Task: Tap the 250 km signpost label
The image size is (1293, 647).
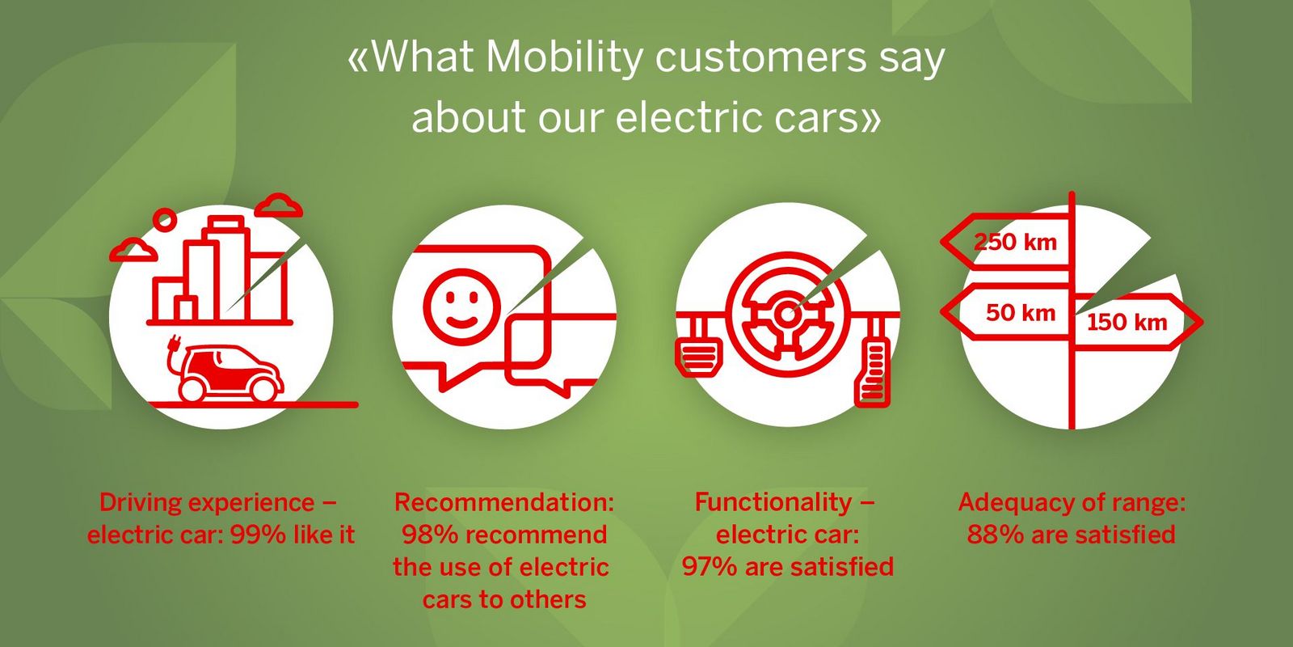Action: click(1015, 242)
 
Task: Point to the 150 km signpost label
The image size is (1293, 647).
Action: click(1127, 322)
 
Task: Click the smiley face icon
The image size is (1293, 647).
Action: click(461, 307)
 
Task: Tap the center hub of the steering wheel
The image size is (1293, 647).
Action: click(787, 315)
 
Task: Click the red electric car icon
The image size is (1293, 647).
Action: click(231, 373)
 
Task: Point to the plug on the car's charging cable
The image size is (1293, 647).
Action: click(173, 344)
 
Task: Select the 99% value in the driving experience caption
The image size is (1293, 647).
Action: click(258, 535)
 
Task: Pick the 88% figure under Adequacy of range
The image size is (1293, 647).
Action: click(995, 535)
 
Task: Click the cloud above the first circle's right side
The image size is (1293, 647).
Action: click(279, 205)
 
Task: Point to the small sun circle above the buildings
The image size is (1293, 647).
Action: click(166, 219)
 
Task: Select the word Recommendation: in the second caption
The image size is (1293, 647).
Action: click(504, 502)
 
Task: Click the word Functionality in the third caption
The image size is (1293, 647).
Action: click(773, 502)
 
